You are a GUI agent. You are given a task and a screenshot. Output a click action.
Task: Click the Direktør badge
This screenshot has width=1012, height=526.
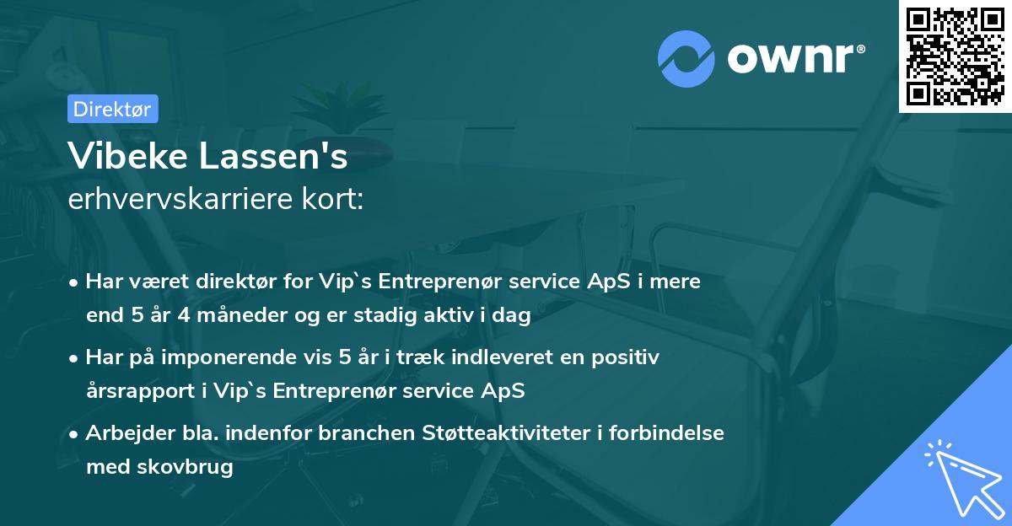112,109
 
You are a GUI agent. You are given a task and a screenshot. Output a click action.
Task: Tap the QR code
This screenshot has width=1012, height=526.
955,56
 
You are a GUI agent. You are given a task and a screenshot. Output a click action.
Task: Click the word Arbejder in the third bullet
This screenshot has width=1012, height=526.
125,433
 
